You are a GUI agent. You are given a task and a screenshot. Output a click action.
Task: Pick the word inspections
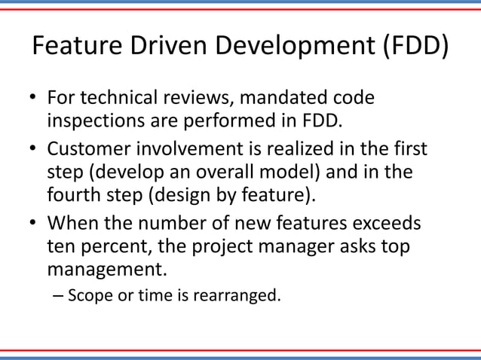(x=95, y=121)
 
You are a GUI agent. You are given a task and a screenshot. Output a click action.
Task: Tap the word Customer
(x=91, y=148)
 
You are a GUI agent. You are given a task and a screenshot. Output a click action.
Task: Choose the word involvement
(x=192, y=148)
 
